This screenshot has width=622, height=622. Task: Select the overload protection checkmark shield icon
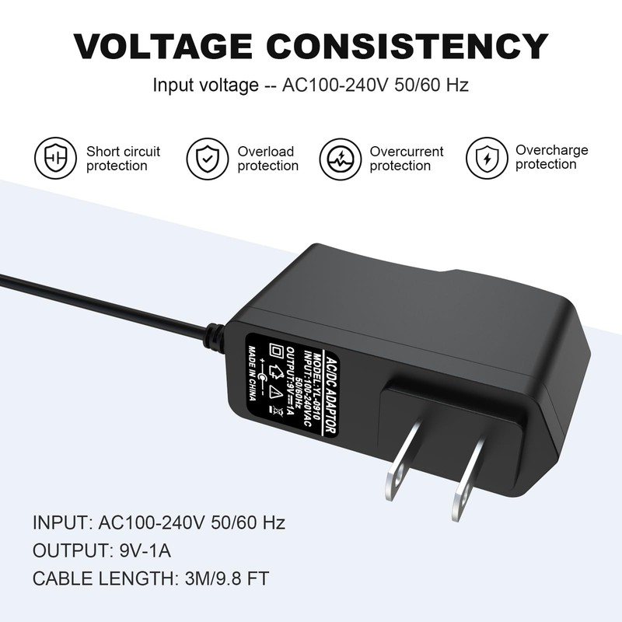coord(207,158)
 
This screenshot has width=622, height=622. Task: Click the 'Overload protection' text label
coord(267,159)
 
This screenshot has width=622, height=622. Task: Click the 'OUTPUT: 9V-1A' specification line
coord(101,550)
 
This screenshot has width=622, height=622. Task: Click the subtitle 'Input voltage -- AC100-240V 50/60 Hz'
coord(310,85)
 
